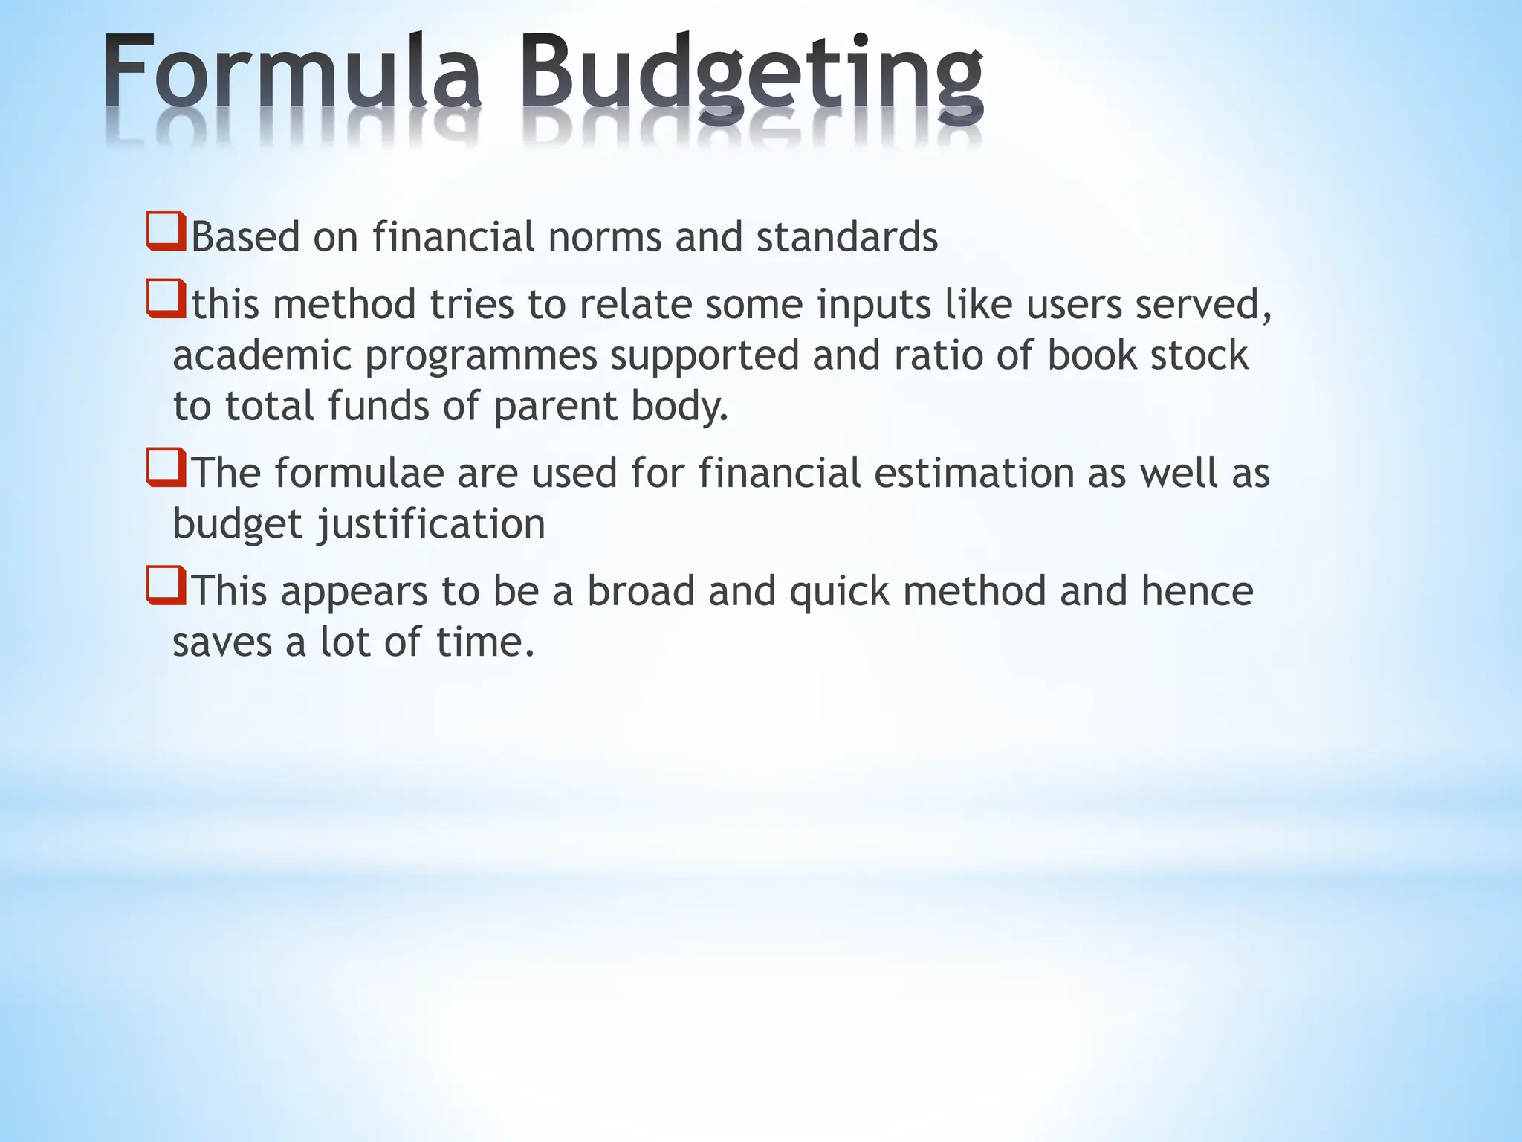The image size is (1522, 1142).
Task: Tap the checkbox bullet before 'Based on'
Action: (x=165, y=232)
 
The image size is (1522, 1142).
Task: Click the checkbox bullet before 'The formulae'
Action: (x=165, y=468)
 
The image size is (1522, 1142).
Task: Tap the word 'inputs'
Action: (x=874, y=306)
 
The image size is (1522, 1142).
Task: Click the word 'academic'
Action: (x=262, y=355)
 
